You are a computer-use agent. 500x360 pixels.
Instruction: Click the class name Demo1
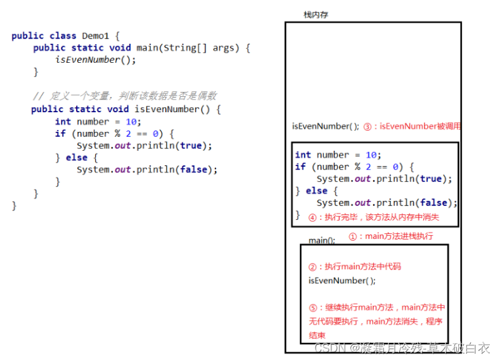(x=97, y=35)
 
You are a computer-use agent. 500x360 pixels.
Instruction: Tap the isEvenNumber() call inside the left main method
(x=96, y=60)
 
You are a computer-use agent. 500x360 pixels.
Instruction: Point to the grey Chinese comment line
(x=124, y=96)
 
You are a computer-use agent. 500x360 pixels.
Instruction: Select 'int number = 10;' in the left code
(x=98, y=121)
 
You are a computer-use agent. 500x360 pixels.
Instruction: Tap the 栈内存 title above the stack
(x=316, y=15)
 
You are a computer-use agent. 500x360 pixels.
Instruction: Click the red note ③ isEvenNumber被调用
(x=412, y=126)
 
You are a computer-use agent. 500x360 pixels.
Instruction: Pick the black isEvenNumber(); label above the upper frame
(x=325, y=126)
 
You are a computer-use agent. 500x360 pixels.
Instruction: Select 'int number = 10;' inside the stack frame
(x=338, y=155)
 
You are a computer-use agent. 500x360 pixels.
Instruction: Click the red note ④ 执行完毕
(x=374, y=217)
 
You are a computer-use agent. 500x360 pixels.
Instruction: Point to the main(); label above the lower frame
(x=321, y=240)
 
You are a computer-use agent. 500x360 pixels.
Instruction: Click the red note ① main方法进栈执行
(x=391, y=236)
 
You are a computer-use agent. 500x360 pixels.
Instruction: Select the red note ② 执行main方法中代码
(x=354, y=266)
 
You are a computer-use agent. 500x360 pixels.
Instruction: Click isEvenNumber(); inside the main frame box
(x=342, y=280)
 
